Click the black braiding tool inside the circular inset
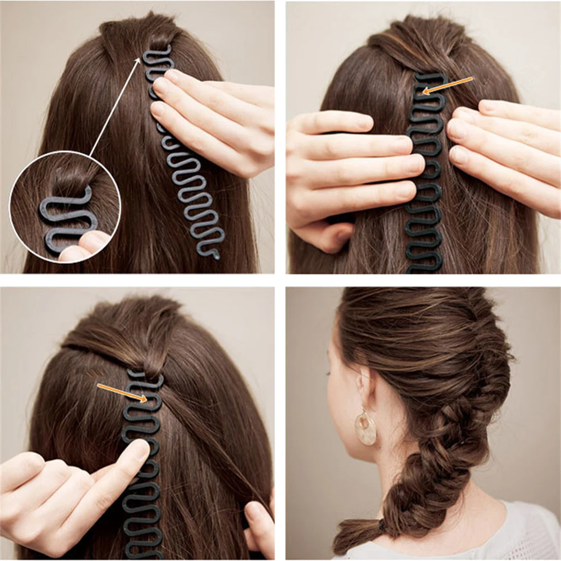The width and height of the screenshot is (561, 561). [62, 219]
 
